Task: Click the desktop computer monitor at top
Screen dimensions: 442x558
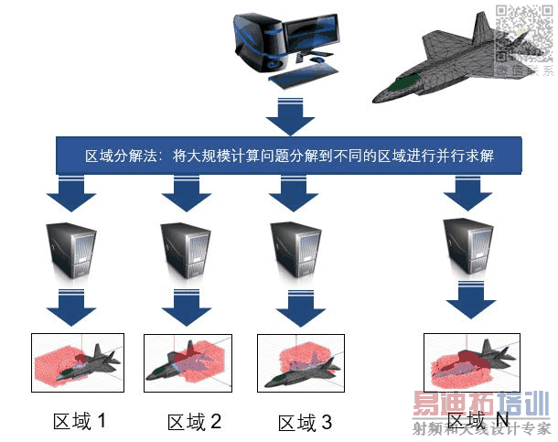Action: pyautogui.click(x=312, y=33)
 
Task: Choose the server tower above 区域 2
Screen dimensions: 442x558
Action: pyautogui.click(x=182, y=249)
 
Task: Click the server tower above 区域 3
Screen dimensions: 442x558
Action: pyautogui.click(x=292, y=249)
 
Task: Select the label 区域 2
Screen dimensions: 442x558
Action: pyautogui.click(x=194, y=422)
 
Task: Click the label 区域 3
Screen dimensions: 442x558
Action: pyautogui.click(x=303, y=422)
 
